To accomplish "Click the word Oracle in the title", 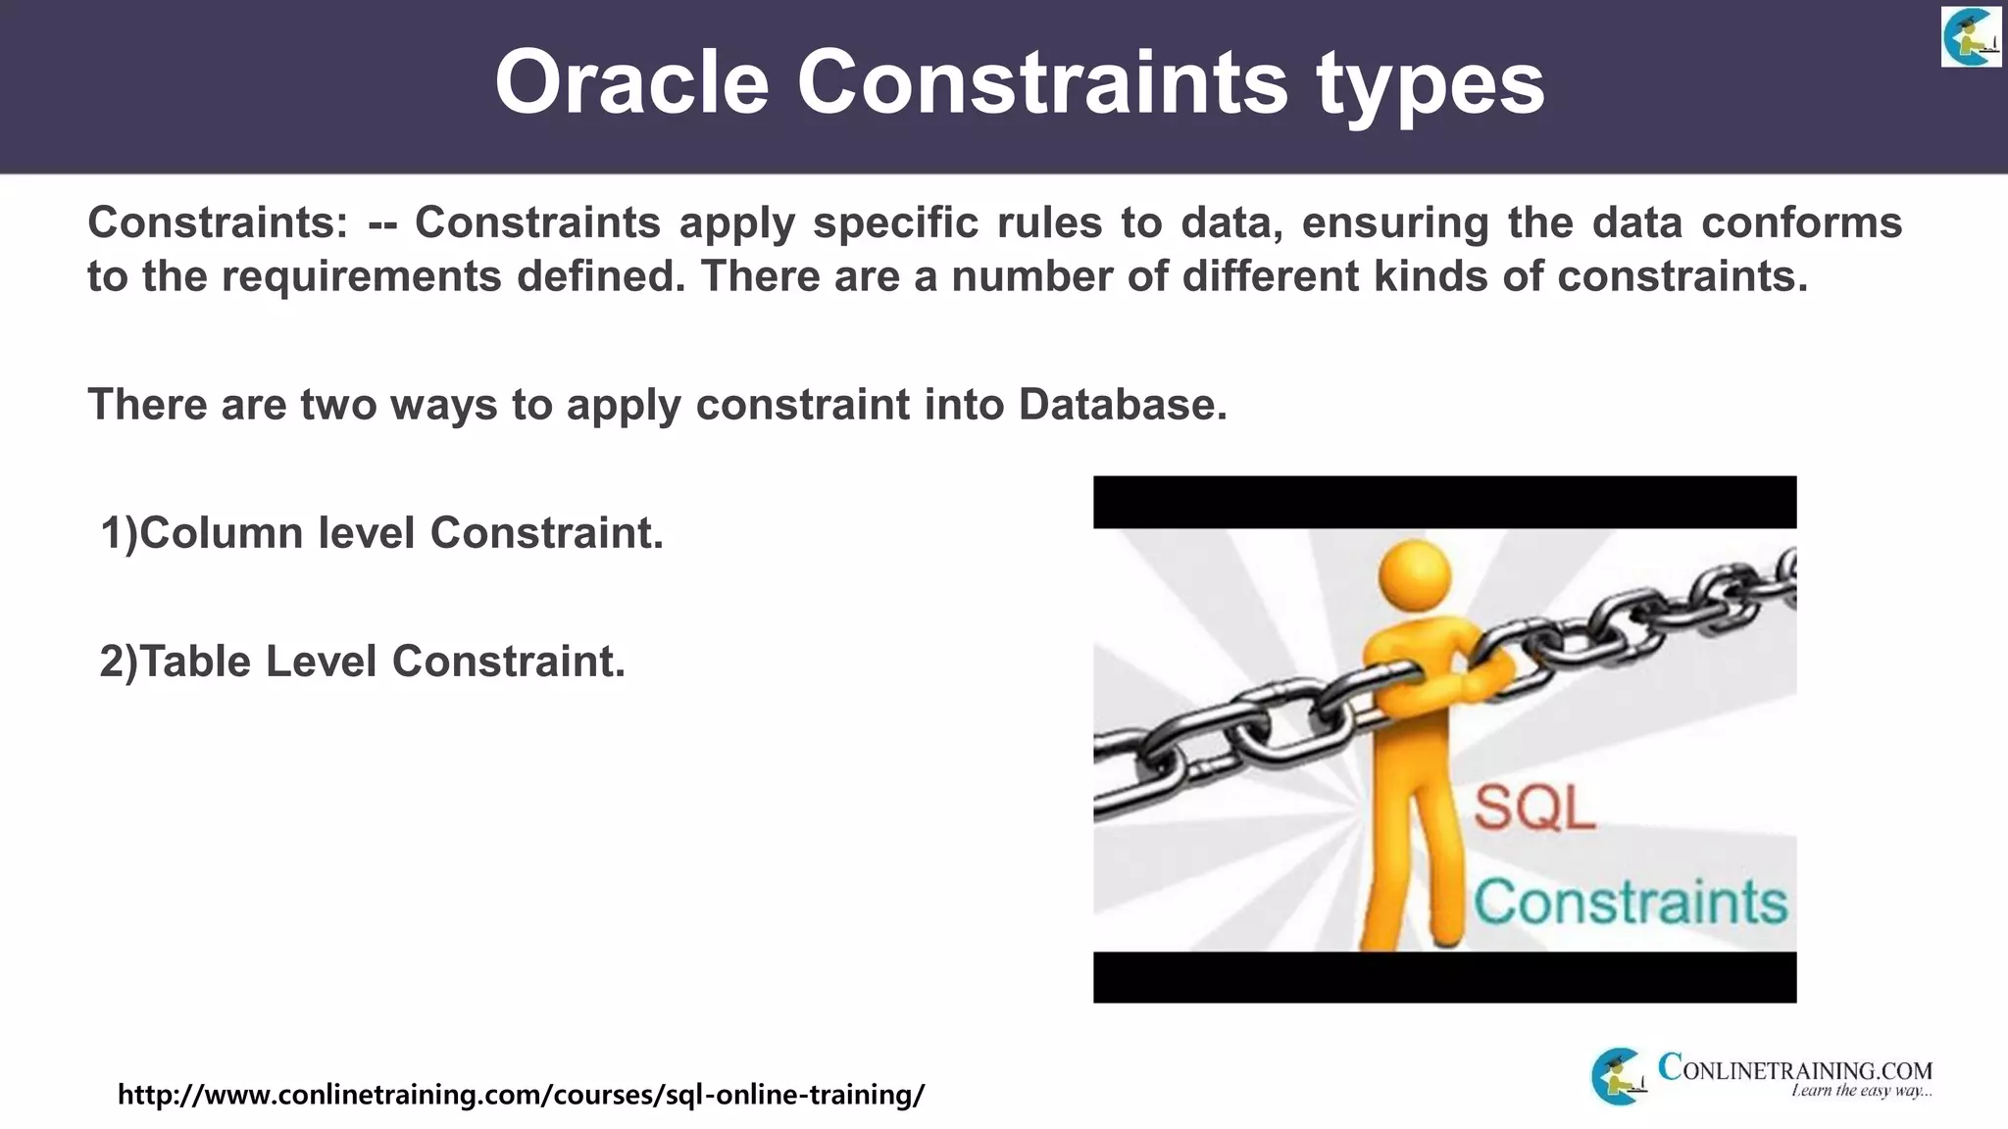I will [x=631, y=82].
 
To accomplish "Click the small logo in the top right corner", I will [x=1970, y=36].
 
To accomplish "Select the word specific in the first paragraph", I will [x=895, y=223].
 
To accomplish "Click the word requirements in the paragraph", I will [x=361, y=276].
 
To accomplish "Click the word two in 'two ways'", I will [x=338, y=405].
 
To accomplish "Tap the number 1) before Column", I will [x=120, y=533].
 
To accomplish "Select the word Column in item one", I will [x=222, y=533].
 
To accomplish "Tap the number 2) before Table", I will [x=120, y=662].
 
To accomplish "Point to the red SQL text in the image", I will [x=1533, y=809].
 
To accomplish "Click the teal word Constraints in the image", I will [x=1630, y=903].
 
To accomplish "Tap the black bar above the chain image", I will [x=1444, y=502].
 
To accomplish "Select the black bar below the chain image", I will [x=1444, y=977].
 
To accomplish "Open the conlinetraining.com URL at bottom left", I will [x=521, y=1094].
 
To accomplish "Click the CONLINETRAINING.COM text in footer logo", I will [x=1794, y=1069].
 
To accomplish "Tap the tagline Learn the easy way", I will [x=1860, y=1092].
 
